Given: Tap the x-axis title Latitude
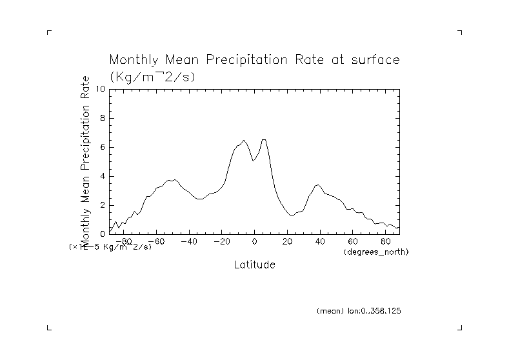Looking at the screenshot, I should point(254,265).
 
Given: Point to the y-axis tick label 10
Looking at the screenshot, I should point(99,89).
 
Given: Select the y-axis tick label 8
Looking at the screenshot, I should point(101,118).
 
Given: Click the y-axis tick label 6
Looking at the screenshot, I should point(101,147).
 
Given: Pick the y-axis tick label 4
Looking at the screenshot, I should point(101,176).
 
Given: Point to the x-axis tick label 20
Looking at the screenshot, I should point(288,241).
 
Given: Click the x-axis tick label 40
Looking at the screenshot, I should point(321,241).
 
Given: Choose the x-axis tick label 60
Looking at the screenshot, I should point(354,241).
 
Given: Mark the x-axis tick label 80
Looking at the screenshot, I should point(386,241).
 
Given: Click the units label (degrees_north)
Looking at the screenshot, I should point(377,251).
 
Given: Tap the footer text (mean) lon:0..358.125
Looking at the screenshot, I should point(359,311).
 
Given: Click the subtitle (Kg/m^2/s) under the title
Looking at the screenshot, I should point(152,76).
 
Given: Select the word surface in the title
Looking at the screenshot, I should point(374,60).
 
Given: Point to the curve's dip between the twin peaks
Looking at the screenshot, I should point(254,161).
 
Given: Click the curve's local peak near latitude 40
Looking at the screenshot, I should point(317,185).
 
